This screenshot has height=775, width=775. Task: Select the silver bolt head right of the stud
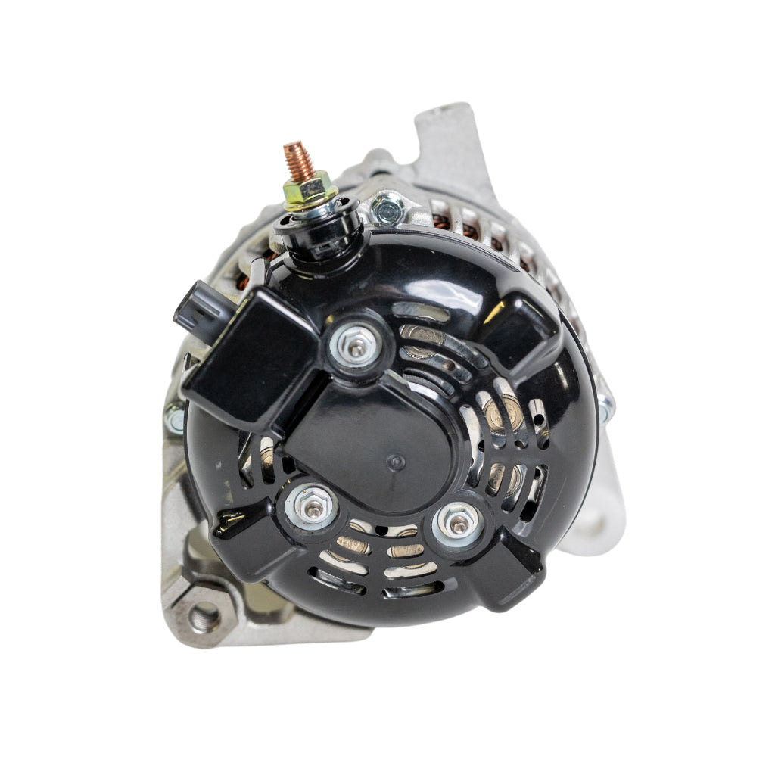click(x=389, y=208)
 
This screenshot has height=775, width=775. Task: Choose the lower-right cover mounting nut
click(x=457, y=520)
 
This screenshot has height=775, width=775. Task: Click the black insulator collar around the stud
click(x=318, y=231)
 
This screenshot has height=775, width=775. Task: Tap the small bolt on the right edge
click(x=606, y=409)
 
